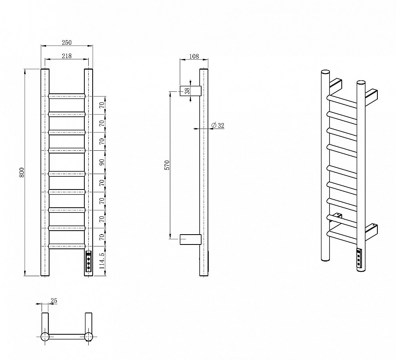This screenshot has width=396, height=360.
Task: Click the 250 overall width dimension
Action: [67, 42]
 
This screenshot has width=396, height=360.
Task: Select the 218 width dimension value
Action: [67, 56]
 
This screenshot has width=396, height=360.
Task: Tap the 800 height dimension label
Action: [22, 172]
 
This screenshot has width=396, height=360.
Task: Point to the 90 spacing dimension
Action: [102, 162]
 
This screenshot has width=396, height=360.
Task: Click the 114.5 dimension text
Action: [102, 261]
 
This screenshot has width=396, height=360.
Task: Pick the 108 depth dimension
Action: [194, 56]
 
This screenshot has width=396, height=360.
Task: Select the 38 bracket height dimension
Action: [187, 91]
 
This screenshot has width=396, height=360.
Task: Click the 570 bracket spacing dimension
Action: [167, 165]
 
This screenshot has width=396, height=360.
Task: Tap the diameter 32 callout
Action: [218, 125]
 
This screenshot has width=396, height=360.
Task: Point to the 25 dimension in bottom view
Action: [54, 301]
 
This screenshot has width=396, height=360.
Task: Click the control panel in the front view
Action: [88, 261]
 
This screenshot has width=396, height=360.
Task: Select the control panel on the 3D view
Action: [359, 258]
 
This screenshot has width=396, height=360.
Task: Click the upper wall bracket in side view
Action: [190, 91]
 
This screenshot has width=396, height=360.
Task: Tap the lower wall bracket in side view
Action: [190, 239]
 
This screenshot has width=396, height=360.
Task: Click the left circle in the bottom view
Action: [45, 337]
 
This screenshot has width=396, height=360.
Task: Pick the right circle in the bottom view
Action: [88, 337]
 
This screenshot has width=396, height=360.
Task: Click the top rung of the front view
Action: [67, 96]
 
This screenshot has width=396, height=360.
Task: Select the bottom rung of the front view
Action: [67, 246]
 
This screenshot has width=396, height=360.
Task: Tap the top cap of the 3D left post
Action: [325, 72]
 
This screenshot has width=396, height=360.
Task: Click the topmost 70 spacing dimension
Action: [102, 105]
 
